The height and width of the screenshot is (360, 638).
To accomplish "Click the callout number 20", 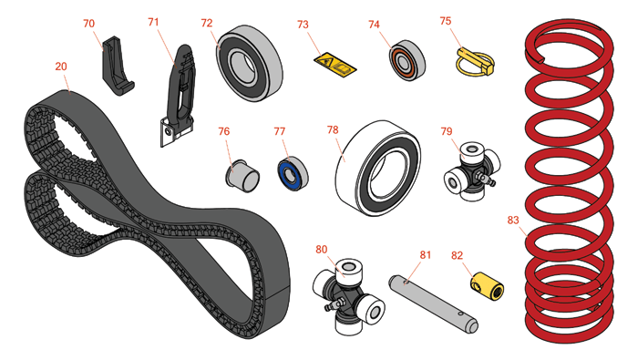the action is (61, 67).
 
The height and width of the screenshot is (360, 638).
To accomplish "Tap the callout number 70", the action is (88, 24).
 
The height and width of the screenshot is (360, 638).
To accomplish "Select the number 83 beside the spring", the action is (513, 220).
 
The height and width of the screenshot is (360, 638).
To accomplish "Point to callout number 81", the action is (426, 255).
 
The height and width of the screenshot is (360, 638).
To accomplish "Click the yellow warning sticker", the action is (335, 65).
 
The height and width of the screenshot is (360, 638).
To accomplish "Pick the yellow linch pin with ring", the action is (475, 62).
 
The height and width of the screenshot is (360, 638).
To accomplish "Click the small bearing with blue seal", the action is (293, 174).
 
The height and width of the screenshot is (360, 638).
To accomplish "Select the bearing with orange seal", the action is (406, 60).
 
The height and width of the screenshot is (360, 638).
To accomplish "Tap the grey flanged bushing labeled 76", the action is (242, 176).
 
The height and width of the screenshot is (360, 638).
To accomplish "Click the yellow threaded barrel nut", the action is (488, 286).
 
